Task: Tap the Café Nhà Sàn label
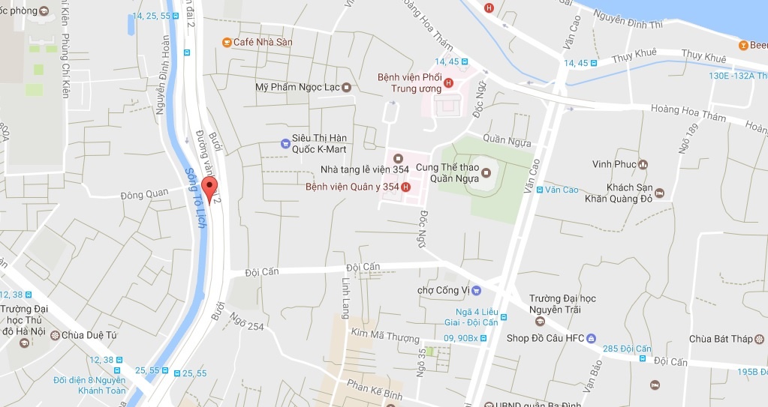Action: (263, 42)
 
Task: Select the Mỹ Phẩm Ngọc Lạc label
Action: (298, 87)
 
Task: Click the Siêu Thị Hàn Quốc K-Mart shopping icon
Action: (285, 142)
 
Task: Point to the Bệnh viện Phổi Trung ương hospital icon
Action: (449, 82)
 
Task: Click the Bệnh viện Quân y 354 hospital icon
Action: (406, 187)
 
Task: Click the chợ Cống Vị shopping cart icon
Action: (476, 290)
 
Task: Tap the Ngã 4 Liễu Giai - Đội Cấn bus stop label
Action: (477, 316)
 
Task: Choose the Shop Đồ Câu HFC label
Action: (545, 338)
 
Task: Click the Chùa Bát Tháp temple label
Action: (721, 339)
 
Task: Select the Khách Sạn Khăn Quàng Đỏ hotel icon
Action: (658, 193)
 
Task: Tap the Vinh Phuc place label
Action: (614, 164)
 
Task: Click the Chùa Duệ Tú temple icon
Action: (54, 335)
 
